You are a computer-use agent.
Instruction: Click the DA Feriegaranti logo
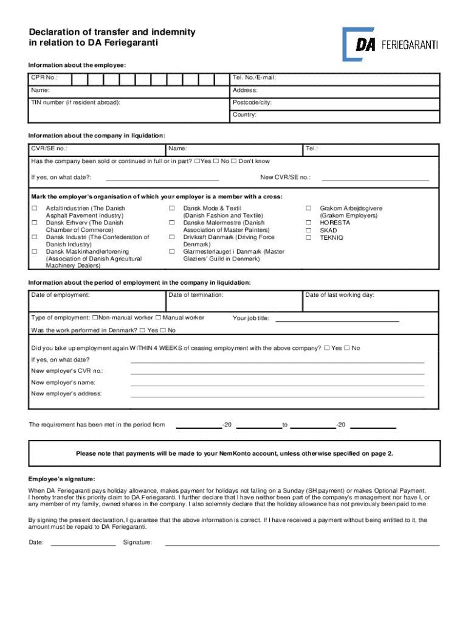(390, 44)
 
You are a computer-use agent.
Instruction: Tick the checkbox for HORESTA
(308, 223)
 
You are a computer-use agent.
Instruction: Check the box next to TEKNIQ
(308, 238)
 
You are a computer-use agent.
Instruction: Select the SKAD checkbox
(308, 231)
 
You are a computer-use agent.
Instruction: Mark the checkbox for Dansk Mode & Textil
(172, 209)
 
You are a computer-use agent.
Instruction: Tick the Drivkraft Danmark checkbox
(172, 238)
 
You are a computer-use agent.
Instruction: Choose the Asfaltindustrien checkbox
(34, 209)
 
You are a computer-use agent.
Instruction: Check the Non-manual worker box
(95, 318)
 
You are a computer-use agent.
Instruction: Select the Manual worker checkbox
(159, 318)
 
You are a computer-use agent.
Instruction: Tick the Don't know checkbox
(233, 161)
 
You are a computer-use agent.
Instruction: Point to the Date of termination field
(234, 301)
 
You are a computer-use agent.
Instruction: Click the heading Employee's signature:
(61, 479)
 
